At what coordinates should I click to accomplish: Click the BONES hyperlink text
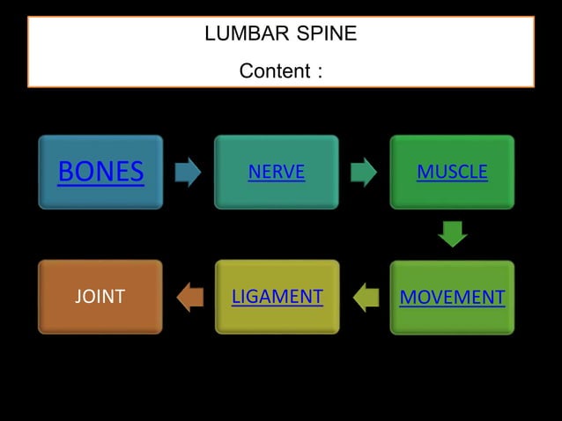click(x=100, y=173)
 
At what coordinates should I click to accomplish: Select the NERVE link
click(x=276, y=173)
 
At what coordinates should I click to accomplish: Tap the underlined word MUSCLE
click(x=452, y=173)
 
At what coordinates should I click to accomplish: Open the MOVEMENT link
click(x=452, y=297)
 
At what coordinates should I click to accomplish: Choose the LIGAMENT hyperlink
click(x=277, y=297)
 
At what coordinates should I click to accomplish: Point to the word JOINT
click(x=100, y=297)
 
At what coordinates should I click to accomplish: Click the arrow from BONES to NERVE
click(x=188, y=173)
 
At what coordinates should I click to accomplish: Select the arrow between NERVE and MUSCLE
click(x=364, y=173)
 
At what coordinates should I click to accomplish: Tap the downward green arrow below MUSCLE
click(x=452, y=234)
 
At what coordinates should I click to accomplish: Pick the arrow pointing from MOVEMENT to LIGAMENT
click(x=366, y=297)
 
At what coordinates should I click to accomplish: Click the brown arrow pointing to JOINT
click(x=189, y=297)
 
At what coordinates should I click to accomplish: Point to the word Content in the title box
click(x=274, y=70)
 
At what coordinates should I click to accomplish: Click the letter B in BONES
click(x=66, y=173)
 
